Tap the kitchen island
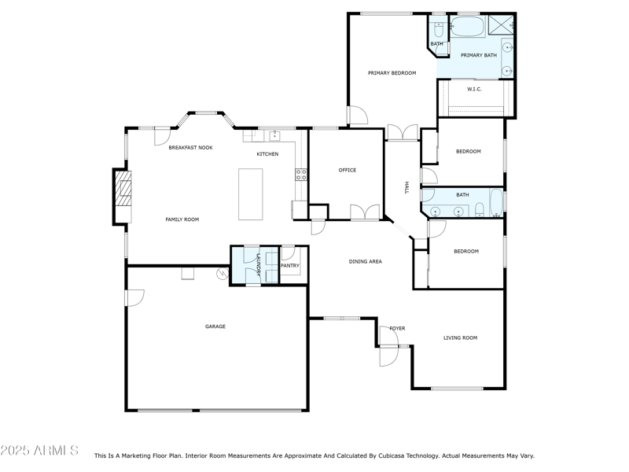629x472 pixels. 252,194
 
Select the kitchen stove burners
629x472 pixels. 300,175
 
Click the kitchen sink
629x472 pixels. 274,135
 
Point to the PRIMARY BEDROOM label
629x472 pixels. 392,73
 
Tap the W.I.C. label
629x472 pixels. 474,89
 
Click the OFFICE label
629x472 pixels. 347,170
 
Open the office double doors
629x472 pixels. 366,212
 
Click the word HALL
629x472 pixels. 406,187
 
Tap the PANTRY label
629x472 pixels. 289,266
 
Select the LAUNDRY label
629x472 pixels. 257,266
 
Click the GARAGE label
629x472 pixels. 215,326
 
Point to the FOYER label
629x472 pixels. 397,328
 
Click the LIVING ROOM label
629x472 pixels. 460,338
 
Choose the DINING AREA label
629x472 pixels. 365,261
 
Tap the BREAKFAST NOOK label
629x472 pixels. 190,147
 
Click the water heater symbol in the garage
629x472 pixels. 223,274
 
